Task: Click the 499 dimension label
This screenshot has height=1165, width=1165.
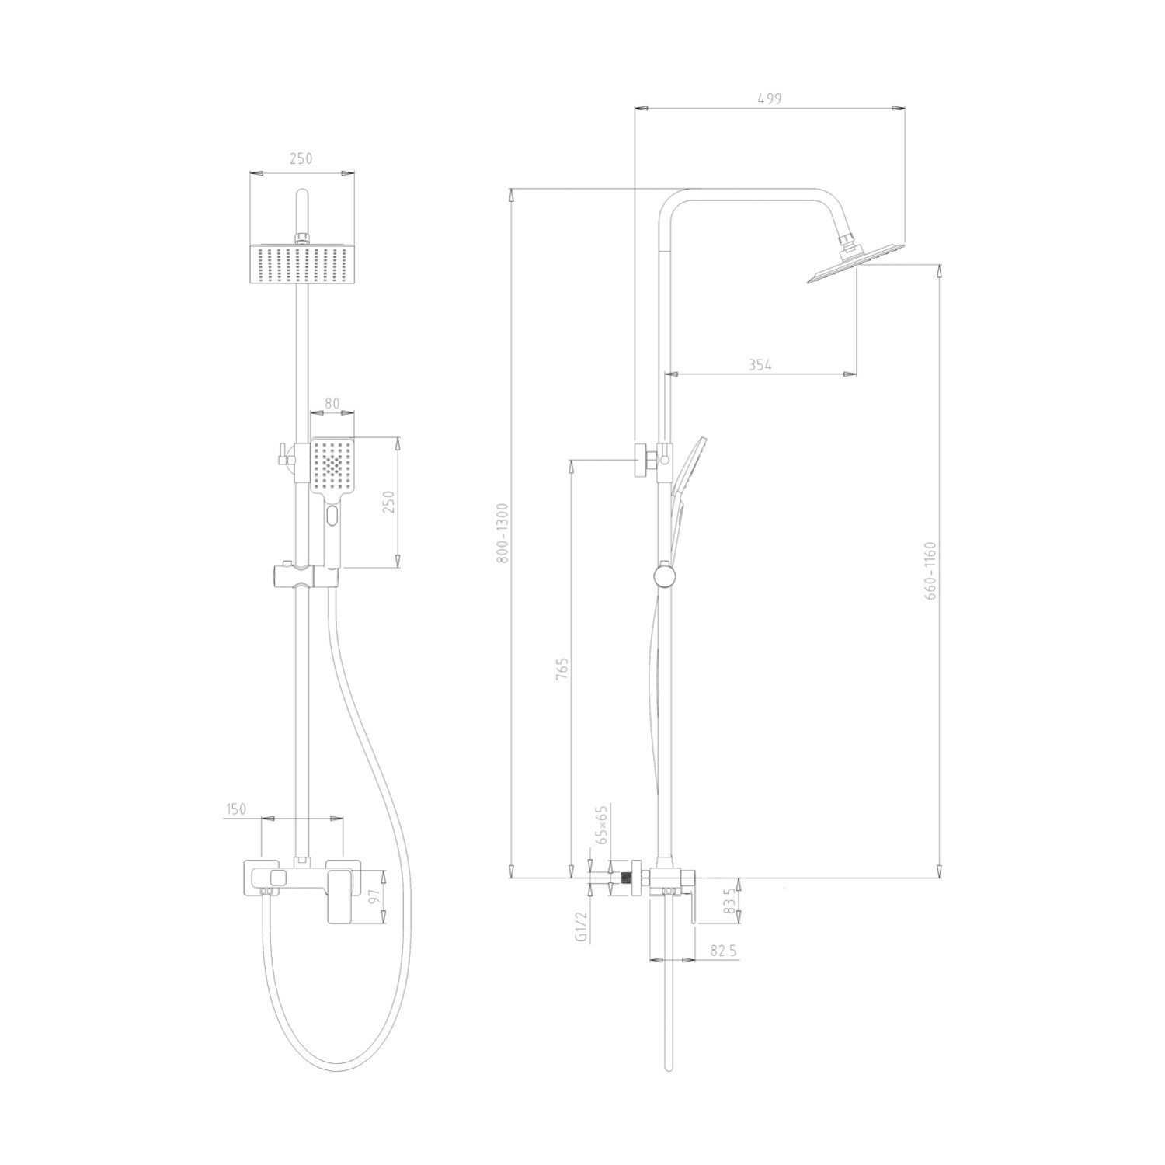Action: (768, 99)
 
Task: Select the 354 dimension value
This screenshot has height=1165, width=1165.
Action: (760, 365)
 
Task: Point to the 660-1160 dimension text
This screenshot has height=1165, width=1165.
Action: (932, 571)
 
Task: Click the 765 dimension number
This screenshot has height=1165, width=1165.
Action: (563, 669)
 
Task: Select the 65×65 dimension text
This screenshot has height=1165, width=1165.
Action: (600, 825)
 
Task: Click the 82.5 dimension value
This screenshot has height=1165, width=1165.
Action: (723, 950)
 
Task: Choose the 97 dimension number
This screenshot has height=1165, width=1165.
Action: (372, 898)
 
